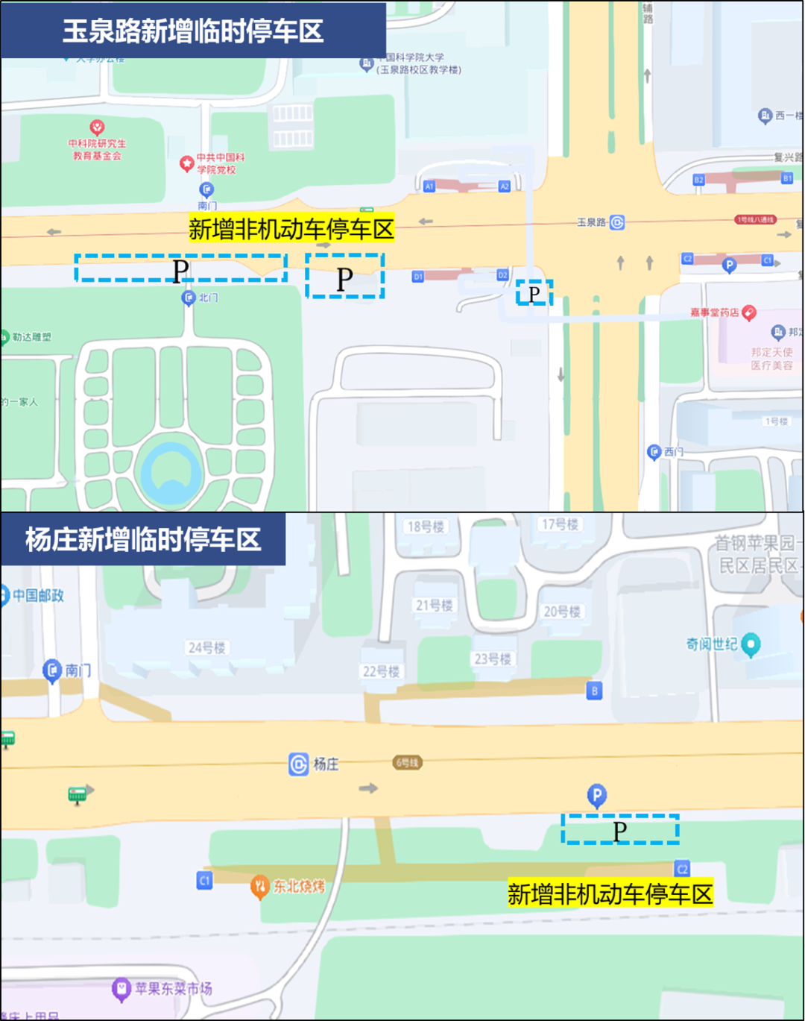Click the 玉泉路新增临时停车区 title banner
pyautogui.click(x=192, y=31)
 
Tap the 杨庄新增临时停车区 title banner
pyautogui.click(x=143, y=539)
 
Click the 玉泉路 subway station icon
pyautogui.click(x=617, y=222)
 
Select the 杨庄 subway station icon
pyautogui.click(x=298, y=764)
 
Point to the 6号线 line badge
pyautogui.click(x=407, y=762)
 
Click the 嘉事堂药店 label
pyautogui.click(x=714, y=312)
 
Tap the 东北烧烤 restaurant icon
pyautogui.click(x=259, y=886)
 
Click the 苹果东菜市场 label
pyautogui.click(x=173, y=988)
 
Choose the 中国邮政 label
pyautogui.click(x=38, y=595)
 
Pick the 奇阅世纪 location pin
pyautogui.click(x=751, y=644)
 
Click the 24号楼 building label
pyautogui.click(x=206, y=647)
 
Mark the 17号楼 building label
pyautogui.click(x=560, y=524)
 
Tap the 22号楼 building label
pyautogui.click(x=381, y=671)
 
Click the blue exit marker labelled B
pyautogui.click(x=594, y=691)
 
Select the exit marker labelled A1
pyautogui.click(x=429, y=186)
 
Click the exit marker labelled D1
pyautogui.click(x=418, y=277)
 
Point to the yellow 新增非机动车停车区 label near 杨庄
pyautogui.click(x=610, y=893)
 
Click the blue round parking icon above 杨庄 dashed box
pyautogui.click(x=596, y=795)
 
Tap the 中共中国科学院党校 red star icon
pyautogui.click(x=187, y=163)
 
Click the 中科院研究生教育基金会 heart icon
pyautogui.click(x=97, y=128)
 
